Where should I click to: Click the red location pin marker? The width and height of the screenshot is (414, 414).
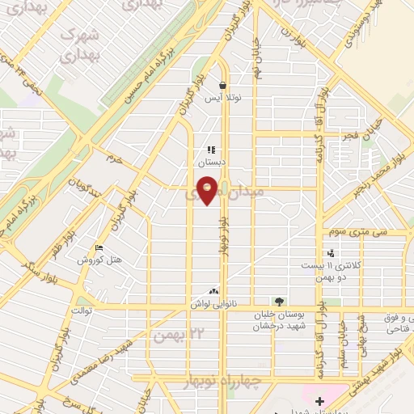208,189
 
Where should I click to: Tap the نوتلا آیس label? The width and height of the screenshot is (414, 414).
222,98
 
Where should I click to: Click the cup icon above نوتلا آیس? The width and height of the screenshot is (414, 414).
222,85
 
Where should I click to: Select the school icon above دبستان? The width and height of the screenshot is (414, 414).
211,150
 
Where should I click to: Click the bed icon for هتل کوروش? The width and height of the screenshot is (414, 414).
99,248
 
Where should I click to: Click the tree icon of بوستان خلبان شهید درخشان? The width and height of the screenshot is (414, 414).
279,302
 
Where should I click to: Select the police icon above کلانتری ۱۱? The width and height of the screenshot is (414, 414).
330,253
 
